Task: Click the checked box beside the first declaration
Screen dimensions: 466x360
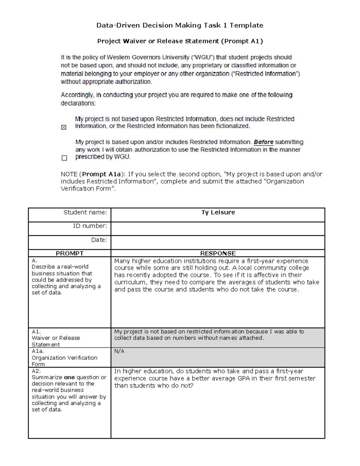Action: point(64,128)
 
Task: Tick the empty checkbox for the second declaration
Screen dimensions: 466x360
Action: point(64,158)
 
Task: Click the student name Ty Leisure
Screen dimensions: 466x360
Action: point(218,212)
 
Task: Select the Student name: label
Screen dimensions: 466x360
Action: point(85,212)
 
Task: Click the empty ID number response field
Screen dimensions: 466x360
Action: point(218,229)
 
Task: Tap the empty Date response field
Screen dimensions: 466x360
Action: point(218,242)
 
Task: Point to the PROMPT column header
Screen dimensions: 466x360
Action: point(70,253)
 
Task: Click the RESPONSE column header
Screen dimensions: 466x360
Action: point(218,253)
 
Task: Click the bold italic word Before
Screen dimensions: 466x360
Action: point(263,142)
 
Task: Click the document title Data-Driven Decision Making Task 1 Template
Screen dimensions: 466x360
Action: point(180,25)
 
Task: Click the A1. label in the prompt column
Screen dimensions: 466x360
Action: point(36,332)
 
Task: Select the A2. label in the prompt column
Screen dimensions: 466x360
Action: point(36,371)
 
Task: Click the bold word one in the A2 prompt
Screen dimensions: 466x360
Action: point(69,377)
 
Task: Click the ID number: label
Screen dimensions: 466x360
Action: point(90,226)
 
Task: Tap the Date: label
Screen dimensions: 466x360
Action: point(99,240)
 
